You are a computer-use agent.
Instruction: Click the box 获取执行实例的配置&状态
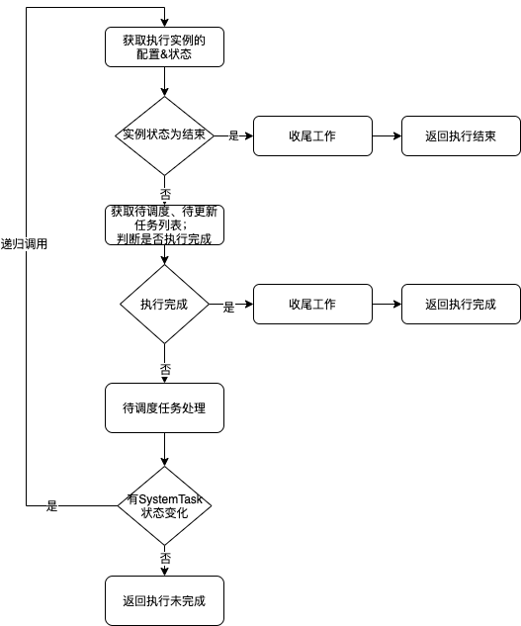(x=164, y=47)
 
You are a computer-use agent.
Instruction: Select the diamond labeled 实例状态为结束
(x=164, y=135)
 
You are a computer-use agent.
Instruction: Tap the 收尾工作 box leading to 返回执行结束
(x=312, y=135)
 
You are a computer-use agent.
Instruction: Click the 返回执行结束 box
(x=461, y=135)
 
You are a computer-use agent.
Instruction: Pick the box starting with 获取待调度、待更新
(x=164, y=224)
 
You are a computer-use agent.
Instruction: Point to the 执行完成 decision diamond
(x=164, y=305)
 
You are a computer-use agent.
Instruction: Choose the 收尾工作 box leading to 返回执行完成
(x=312, y=305)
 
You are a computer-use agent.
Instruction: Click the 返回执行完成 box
(x=461, y=305)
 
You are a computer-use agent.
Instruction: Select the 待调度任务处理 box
(x=164, y=408)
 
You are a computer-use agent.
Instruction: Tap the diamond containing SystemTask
(x=164, y=505)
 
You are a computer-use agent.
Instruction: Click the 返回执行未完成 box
(x=164, y=600)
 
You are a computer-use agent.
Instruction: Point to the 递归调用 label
(x=24, y=244)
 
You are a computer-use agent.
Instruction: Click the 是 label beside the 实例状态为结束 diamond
(x=233, y=135)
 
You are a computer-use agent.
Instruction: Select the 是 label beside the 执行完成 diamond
(x=228, y=307)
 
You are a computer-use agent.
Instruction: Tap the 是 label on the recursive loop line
(x=51, y=505)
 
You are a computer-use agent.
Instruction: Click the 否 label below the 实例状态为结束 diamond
(x=165, y=195)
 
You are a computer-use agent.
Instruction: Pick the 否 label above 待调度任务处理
(x=165, y=369)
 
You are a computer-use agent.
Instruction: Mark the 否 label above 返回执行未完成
(x=165, y=558)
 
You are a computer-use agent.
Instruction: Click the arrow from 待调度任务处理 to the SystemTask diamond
(x=164, y=450)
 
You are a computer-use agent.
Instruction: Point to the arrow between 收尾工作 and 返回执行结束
(x=387, y=135)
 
